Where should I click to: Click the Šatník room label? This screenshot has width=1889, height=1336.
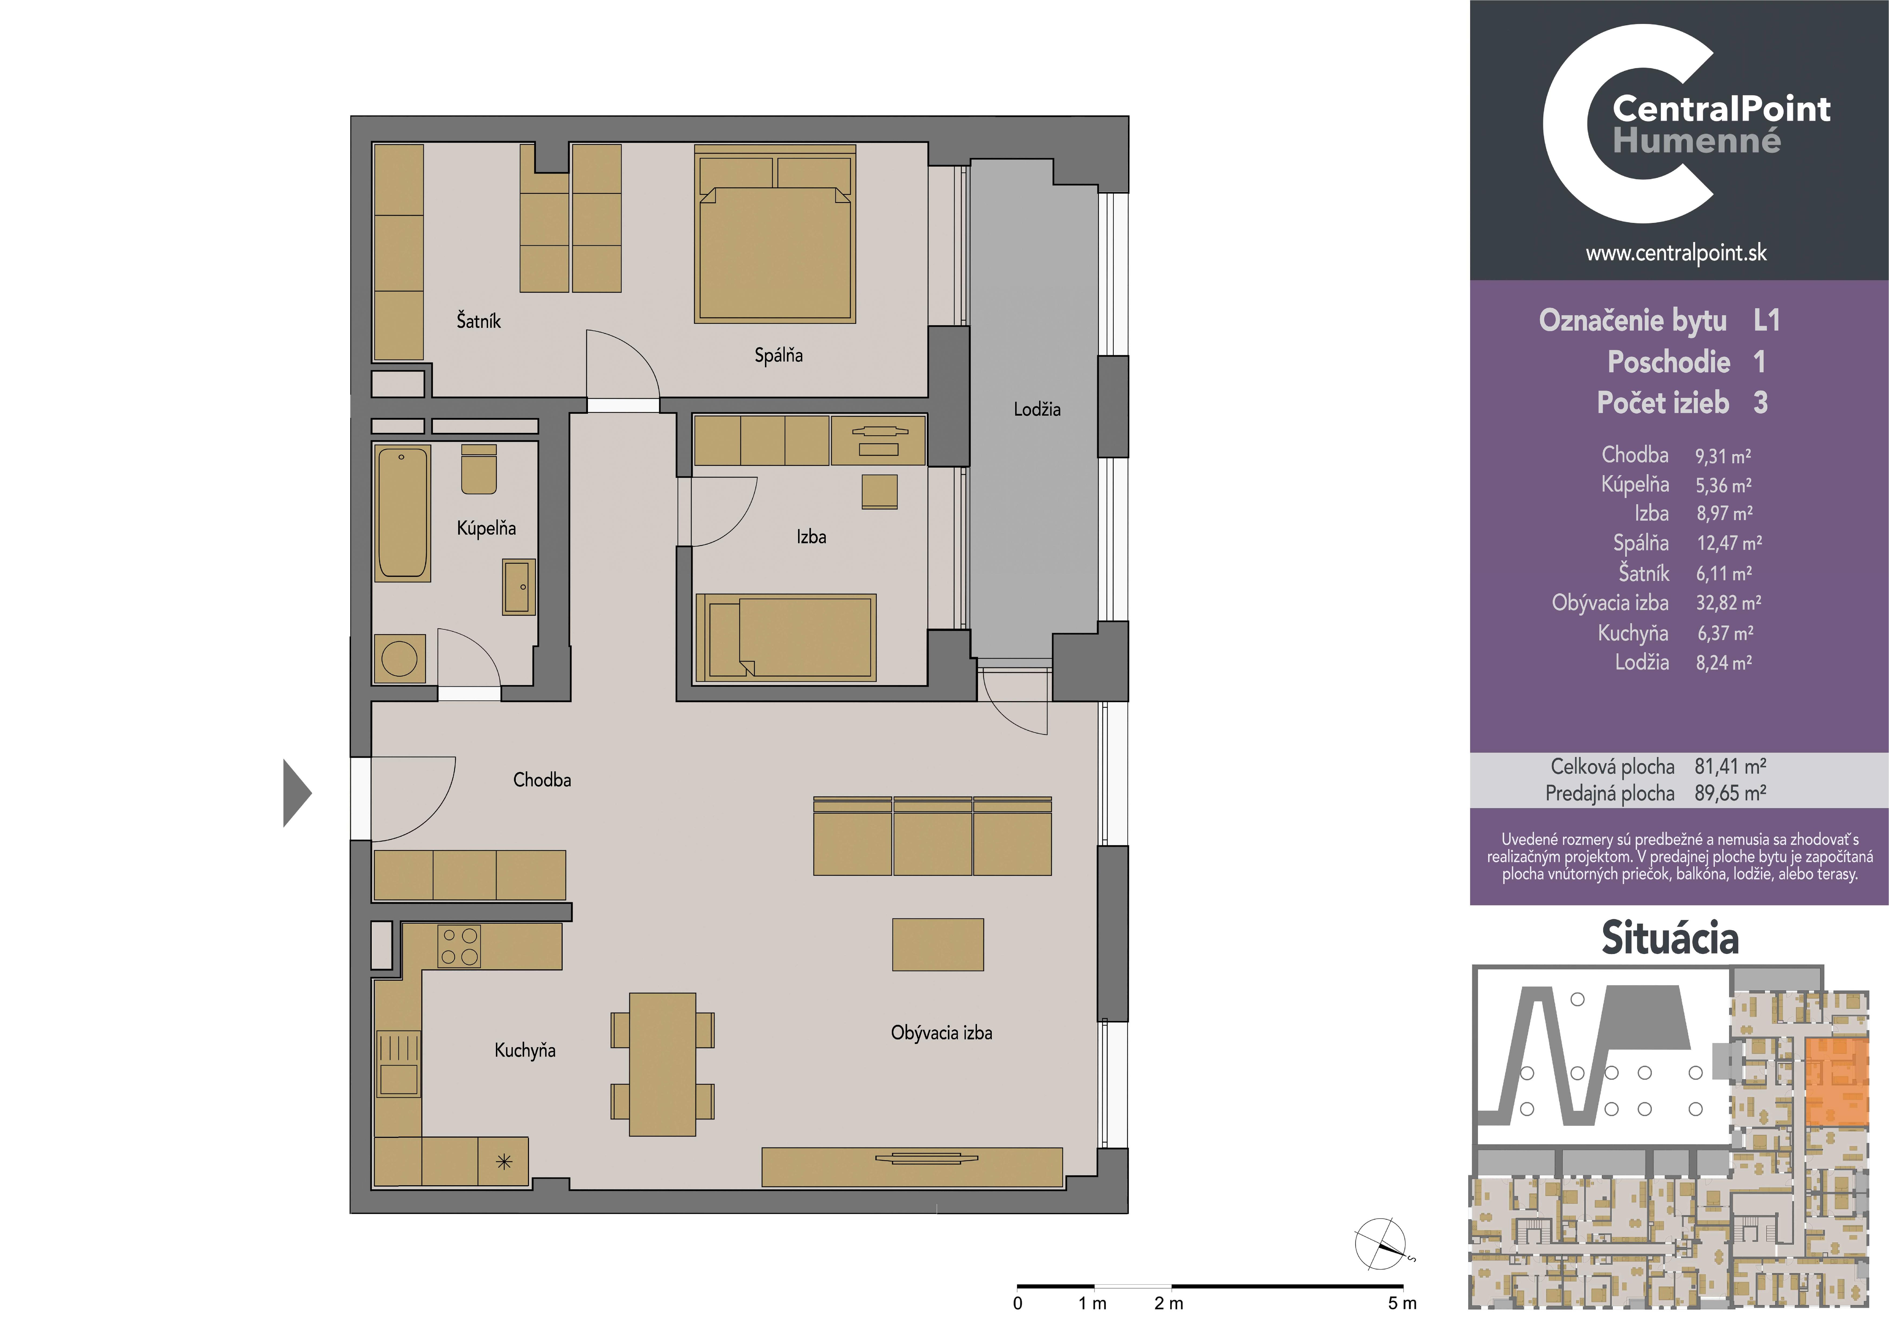479,321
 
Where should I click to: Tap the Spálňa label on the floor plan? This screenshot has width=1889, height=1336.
778,355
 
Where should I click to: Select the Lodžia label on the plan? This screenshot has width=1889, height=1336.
1037,409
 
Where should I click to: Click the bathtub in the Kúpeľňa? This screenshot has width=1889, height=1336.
402,513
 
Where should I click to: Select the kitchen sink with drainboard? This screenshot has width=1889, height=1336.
399,1065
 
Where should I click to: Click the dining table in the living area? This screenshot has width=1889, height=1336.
662,1065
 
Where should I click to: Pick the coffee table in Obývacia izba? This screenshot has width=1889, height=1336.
938,944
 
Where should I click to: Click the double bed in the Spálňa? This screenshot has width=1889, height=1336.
775,234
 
